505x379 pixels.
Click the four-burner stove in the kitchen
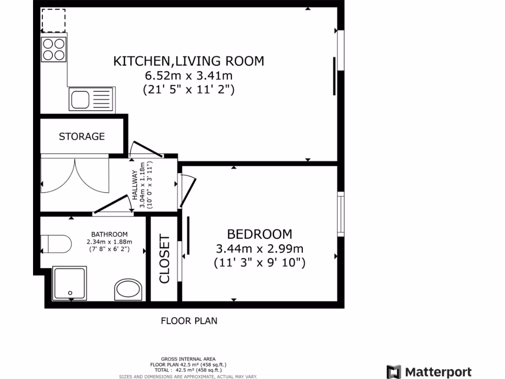tap(54, 49)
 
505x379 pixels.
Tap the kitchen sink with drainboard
tap(91, 99)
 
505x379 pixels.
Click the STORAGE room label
tap(82, 136)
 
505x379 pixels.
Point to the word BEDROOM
tap(259, 234)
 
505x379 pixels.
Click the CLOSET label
tap(164, 259)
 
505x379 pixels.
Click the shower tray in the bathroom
tap(70, 283)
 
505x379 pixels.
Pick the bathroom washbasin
tap(129, 290)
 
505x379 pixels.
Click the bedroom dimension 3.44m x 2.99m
tap(259, 248)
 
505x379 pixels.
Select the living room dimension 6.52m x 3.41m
tap(188, 76)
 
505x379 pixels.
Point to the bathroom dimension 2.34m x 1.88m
tap(109, 242)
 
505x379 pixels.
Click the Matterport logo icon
tap(394, 372)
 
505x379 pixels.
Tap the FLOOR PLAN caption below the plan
tap(189, 321)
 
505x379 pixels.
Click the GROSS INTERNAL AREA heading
tap(188, 359)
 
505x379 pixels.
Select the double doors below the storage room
tap(74, 176)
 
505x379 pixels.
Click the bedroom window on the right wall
tap(340, 212)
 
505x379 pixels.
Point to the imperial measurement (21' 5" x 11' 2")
tap(188, 90)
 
